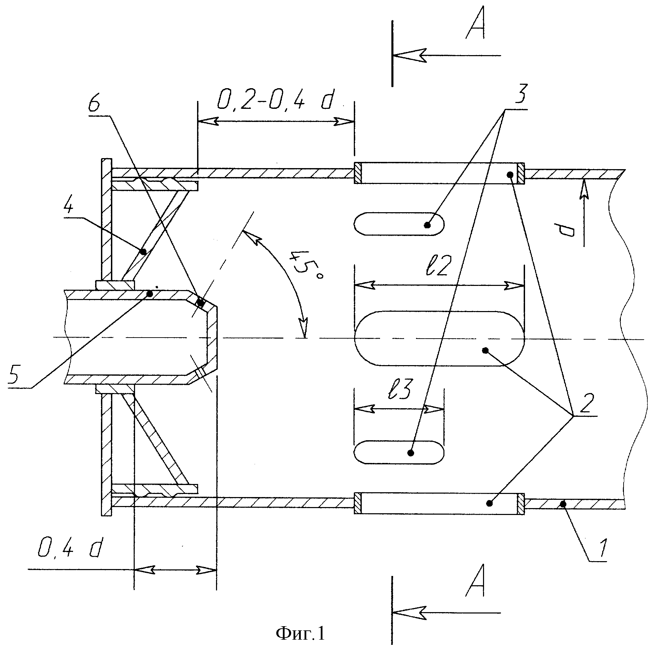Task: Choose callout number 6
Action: pos(94,104)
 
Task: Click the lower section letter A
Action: pos(475,581)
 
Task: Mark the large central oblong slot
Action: pos(439,339)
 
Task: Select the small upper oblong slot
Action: pos(399,224)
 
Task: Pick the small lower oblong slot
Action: pos(399,453)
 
